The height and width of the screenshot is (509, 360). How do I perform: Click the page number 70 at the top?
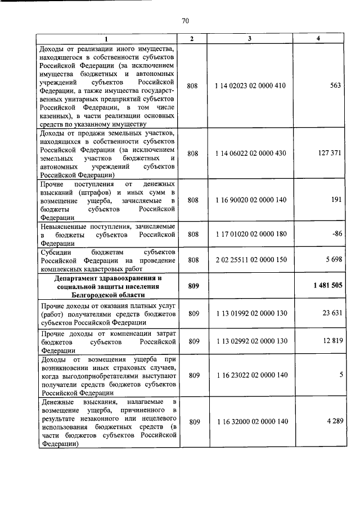[x=185, y=21]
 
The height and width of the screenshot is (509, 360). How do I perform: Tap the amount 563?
[x=336, y=87]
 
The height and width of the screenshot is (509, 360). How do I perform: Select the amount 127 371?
[x=330, y=153]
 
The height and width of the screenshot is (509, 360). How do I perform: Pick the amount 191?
[x=337, y=200]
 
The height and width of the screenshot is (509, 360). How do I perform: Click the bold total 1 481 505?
[x=327, y=286]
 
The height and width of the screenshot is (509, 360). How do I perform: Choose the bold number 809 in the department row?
[x=193, y=286]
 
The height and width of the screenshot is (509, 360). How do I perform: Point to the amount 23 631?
[x=332, y=313]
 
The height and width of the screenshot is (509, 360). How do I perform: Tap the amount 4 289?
[x=334, y=421]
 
